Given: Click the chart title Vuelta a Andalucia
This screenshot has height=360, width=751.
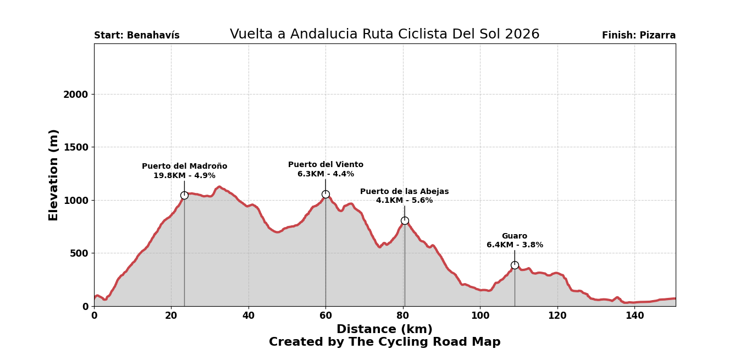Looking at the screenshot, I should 384,35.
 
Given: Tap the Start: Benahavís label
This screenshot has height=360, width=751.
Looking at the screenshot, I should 137,36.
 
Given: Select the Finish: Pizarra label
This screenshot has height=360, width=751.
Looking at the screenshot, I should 638,36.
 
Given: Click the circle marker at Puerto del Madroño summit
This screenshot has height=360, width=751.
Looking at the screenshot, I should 184,195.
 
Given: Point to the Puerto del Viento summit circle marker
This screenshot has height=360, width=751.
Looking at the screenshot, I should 325,194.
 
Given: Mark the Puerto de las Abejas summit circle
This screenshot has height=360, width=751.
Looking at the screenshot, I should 405,220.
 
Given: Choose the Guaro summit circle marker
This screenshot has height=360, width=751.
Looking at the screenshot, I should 515,265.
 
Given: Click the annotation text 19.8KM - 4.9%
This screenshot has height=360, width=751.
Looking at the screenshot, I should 184,176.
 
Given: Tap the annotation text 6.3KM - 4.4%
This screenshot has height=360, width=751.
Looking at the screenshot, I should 325,174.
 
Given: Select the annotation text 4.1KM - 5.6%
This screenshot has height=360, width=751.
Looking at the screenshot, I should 404,201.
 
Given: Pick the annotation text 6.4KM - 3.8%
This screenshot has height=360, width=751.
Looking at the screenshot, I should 515,245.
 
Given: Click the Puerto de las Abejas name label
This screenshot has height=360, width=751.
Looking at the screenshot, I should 404,192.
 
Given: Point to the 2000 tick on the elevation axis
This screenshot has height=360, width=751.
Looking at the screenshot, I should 75,95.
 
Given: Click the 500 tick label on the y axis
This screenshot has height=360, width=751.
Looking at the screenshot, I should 78,253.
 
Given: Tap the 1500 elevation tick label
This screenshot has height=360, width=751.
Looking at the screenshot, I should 75,147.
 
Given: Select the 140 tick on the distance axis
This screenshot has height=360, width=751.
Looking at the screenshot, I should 634,316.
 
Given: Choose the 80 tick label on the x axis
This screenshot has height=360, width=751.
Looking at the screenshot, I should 403,316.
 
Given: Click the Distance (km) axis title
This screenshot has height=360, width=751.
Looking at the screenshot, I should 384,329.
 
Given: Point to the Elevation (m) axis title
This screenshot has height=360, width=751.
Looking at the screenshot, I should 54,175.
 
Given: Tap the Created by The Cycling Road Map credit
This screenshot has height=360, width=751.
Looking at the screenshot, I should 384,342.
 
